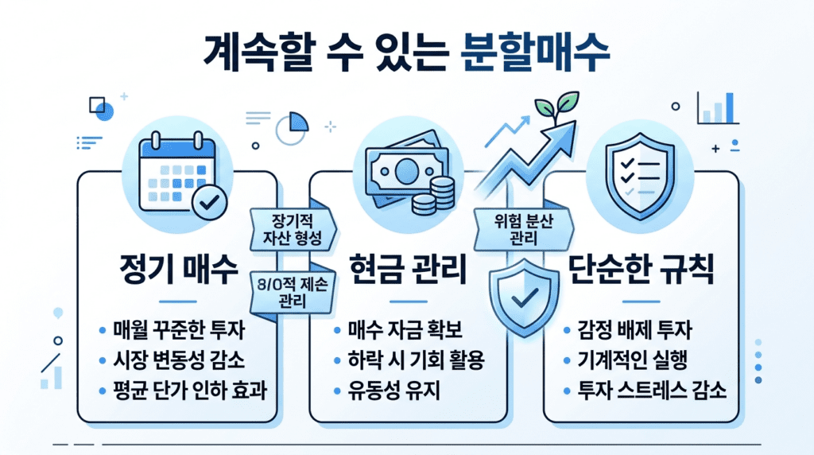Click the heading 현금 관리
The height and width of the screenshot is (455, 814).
click(408, 270)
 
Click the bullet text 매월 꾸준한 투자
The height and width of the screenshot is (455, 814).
click(184, 331)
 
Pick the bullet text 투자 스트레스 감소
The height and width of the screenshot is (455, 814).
click(652, 390)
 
